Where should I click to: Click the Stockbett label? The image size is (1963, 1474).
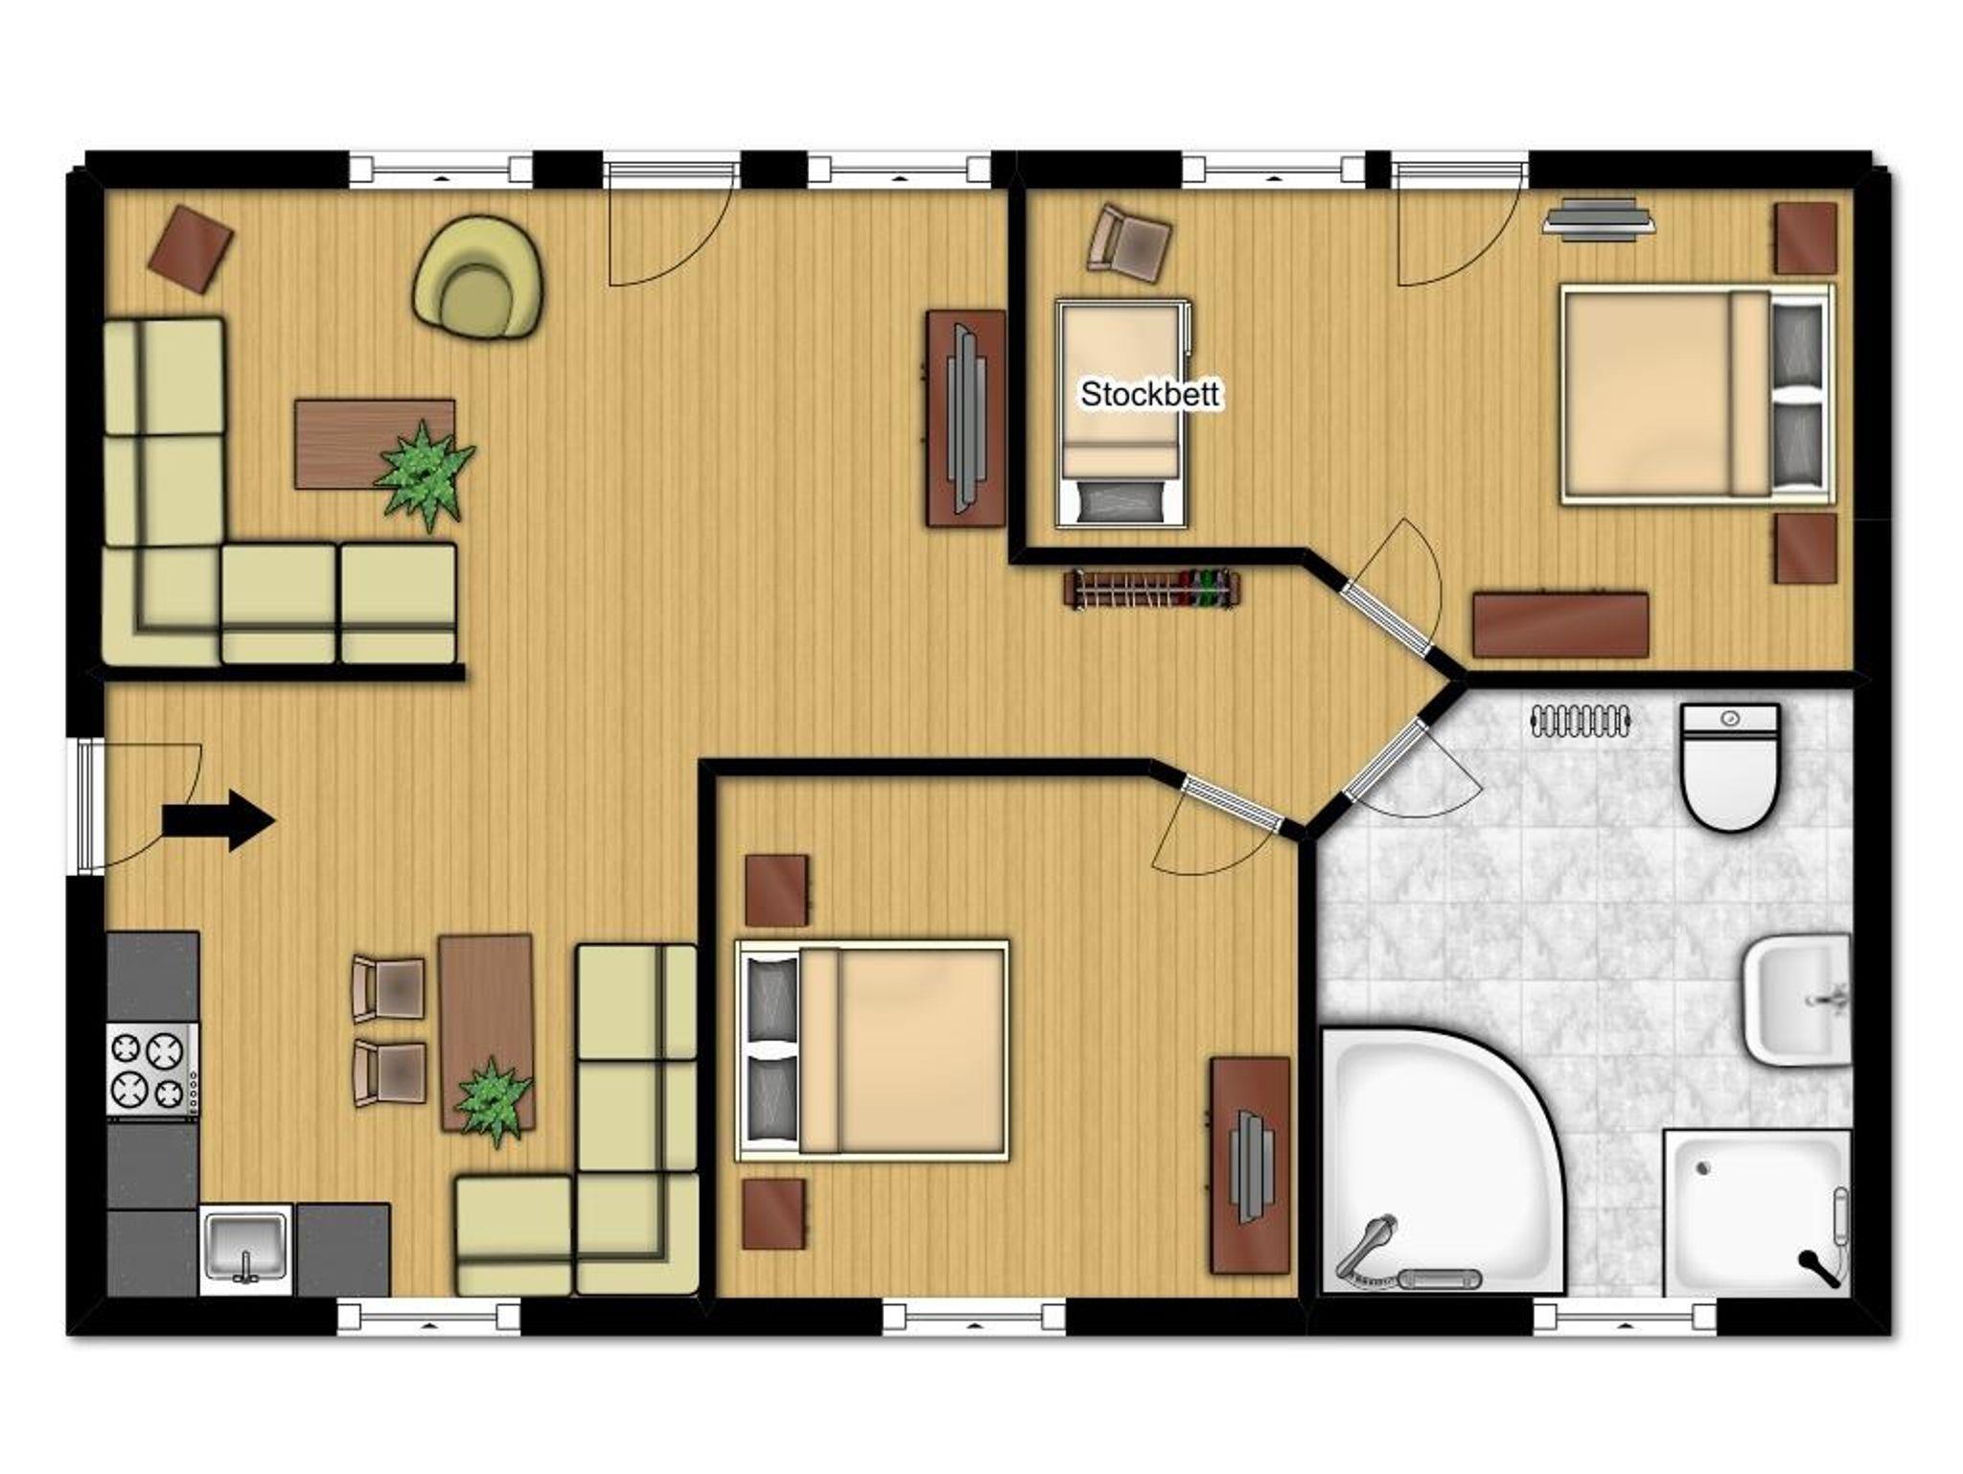(x=1149, y=394)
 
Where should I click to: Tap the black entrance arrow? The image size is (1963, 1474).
(x=219, y=820)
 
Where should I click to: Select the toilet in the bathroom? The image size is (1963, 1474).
(x=1731, y=768)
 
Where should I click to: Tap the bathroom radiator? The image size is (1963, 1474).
(x=1582, y=721)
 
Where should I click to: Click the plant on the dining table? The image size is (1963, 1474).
(x=494, y=1099)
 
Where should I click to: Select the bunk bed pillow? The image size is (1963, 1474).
(x=1120, y=502)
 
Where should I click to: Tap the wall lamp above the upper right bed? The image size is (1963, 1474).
(x=1599, y=215)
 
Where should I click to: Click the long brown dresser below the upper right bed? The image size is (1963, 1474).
(x=1560, y=625)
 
